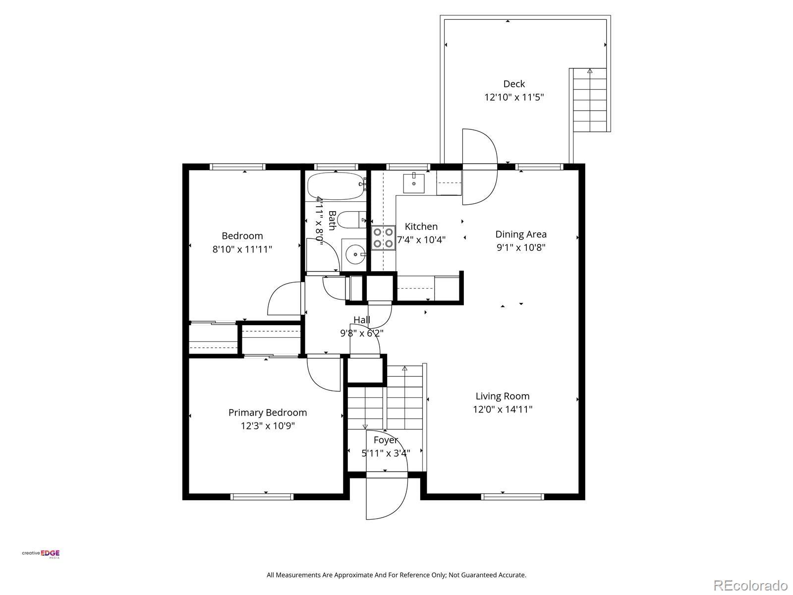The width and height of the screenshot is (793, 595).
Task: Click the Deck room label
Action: click(514, 84)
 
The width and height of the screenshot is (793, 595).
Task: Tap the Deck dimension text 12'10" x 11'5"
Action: click(514, 97)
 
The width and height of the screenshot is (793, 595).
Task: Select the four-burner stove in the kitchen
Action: click(383, 238)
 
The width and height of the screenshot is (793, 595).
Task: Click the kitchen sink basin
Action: click(414, 183)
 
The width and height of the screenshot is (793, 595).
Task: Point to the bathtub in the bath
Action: click(335, 186)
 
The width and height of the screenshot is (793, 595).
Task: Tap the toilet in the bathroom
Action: click(353, 220)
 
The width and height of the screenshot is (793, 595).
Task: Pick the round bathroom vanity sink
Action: click(356, 254)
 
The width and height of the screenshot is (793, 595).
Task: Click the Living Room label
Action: click(503, 396)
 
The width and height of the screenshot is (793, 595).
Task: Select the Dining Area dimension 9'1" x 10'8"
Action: click(520, 247)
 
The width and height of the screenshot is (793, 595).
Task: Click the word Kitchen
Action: click(421, 227)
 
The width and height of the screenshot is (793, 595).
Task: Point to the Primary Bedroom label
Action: click(268, 413)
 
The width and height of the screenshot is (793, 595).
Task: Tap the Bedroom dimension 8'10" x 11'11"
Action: click(242, 249)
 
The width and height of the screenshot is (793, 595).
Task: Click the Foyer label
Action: click(386, 440)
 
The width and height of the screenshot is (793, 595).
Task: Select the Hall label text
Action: click(362, 320)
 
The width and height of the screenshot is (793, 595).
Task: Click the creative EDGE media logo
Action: click(41, 554)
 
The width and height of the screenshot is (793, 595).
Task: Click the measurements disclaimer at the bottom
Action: click(396, 575)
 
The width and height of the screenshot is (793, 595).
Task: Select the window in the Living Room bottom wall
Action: click(512, 497)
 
